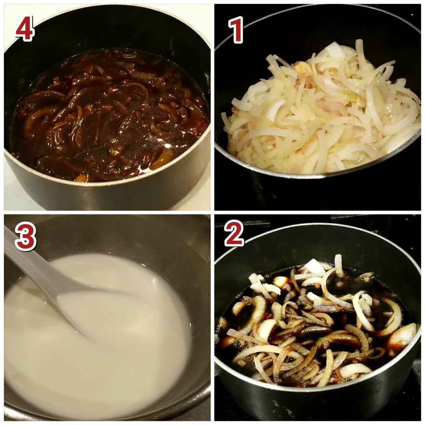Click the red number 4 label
tap(25, 29)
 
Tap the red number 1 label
tap(236, 30)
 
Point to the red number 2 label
tap(234, 234)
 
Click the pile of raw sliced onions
tap(320, 108)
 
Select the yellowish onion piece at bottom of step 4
tap(163, 159)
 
